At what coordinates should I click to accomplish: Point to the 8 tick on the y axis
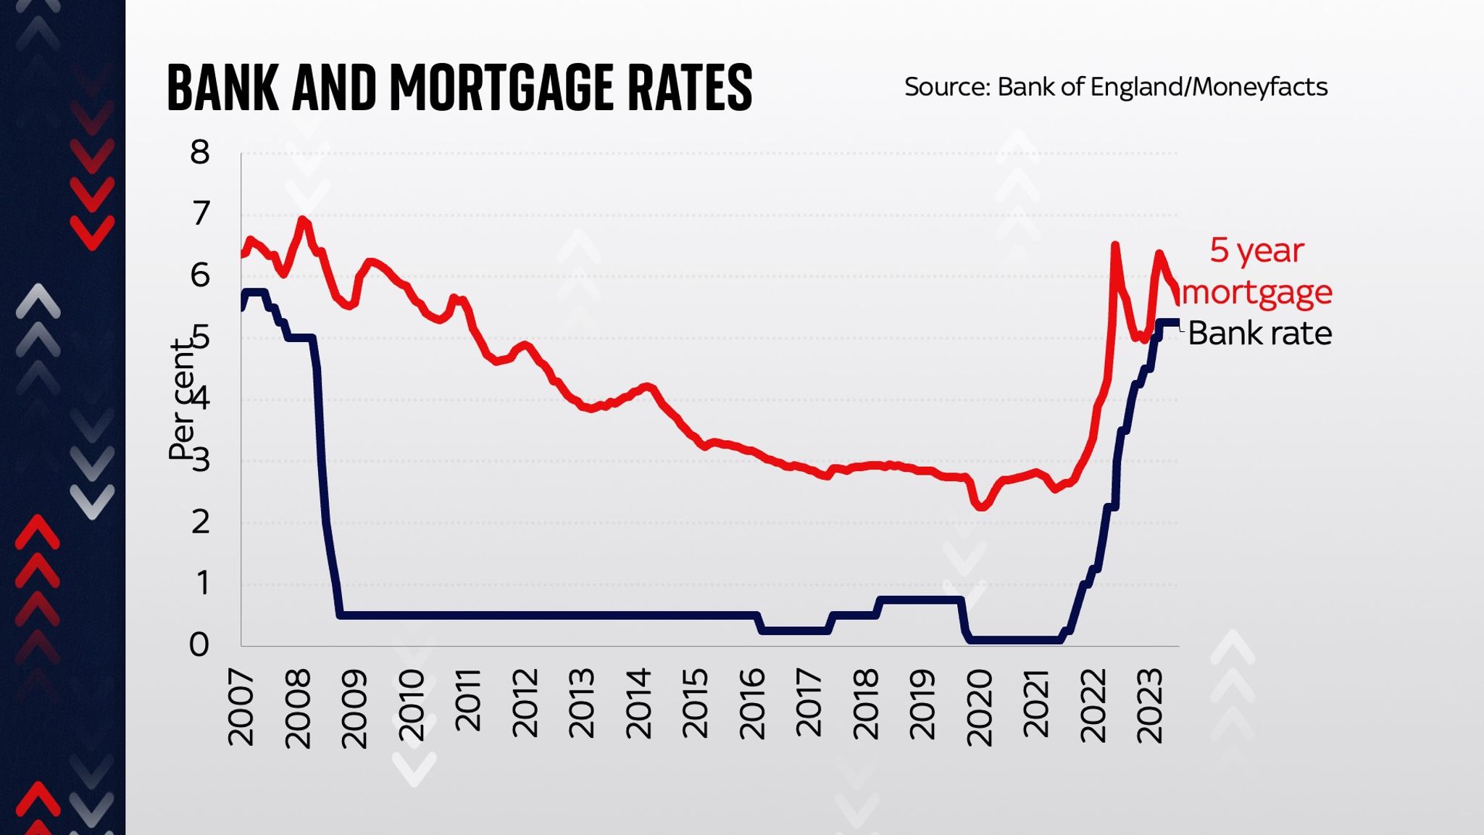(199, 153)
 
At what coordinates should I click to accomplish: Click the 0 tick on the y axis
(199, 644)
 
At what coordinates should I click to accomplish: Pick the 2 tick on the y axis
(199, 522)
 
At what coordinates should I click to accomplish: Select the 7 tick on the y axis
(199, 214)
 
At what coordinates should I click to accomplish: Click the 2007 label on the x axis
(241, 707)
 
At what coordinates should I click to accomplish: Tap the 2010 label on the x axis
(412, 707)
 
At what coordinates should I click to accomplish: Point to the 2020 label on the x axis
(980, 707)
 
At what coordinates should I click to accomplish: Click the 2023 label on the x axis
(1150, 707)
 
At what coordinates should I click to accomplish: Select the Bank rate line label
(1259, 333)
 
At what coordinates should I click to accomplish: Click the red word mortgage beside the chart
(1257, 292)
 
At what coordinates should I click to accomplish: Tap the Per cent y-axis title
(182, 400)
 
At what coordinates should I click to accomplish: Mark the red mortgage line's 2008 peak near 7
(303, 220)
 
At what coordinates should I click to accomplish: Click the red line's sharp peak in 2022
(1114, 246)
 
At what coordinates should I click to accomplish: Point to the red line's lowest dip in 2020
(981, 507)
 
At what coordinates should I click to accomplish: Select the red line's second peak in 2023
(1159, 254)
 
